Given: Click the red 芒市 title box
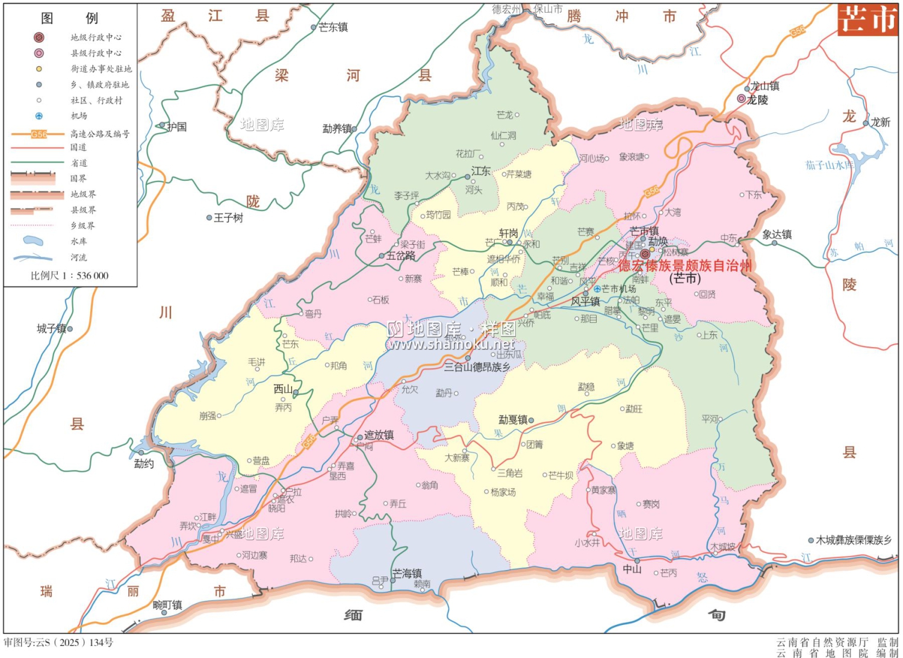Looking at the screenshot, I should coord(867,19).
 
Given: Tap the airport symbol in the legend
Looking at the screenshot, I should coord(39,116).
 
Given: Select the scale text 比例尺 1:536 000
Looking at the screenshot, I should coord(69,275).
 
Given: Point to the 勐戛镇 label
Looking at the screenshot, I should coord(512,420).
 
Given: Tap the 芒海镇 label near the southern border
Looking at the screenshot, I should coord(407,573).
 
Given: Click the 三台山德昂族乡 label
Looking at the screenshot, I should coord(477,367).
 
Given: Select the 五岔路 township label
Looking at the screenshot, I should coord(401,255).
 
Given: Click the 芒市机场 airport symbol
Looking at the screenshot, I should coord(597,289).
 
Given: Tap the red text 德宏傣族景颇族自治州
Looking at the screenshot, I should coord(684,266).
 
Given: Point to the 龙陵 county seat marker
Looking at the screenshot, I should coord(742,99).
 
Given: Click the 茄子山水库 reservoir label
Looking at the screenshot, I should coord(829,164).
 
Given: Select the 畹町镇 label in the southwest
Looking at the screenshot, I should coord(167,605).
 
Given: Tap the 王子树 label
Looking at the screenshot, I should coord(228,218).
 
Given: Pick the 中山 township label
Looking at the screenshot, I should coord(632,569).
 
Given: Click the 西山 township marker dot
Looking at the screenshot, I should coord(296,393).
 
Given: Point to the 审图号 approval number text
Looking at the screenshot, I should coord(58,642).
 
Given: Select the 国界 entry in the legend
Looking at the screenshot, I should coord(78,178).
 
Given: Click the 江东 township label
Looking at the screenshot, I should coord(481,171).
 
